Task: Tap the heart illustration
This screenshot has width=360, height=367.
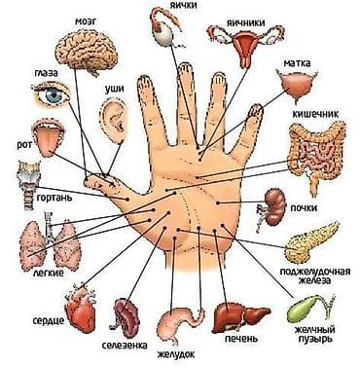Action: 76,303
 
